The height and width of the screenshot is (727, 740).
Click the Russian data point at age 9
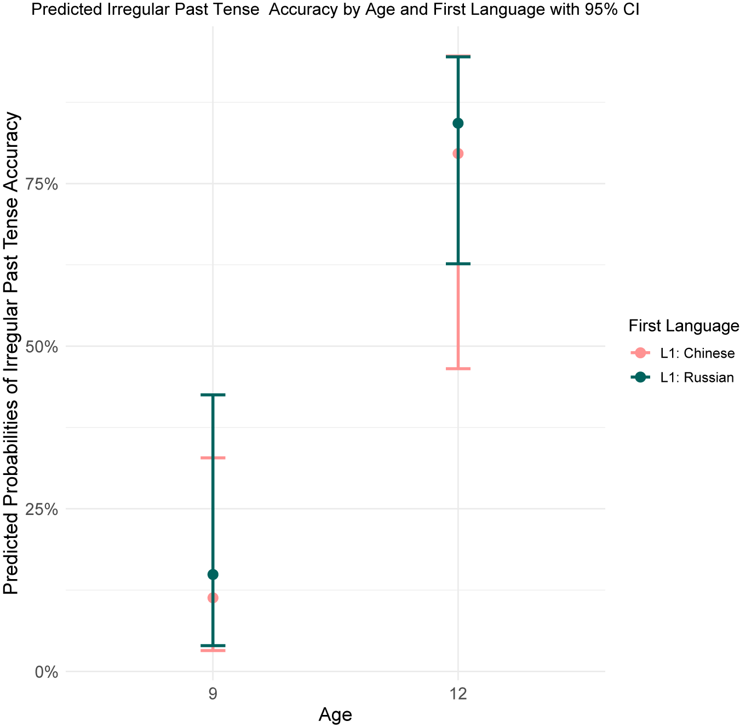coord(213,575)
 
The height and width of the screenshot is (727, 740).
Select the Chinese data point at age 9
coord(213,598)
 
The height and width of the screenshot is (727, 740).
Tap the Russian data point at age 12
coord(458,123)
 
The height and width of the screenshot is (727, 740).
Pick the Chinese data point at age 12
coord(458,154)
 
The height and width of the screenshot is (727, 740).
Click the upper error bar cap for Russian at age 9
coord(213,394)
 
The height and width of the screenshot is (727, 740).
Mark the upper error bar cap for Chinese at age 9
coord(213,457)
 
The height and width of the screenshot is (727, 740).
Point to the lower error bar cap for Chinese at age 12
coord(458,369)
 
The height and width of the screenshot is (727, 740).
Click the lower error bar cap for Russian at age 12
coord(458,264)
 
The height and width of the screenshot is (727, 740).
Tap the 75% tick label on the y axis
coord(42,185)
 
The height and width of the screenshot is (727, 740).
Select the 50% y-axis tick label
coord(42,347)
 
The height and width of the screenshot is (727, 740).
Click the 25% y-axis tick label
coord(42,510)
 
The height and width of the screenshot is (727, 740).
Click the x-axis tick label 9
coord(213,694)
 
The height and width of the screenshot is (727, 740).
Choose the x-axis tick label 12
coord(458,694)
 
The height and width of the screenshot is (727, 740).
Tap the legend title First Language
coord(684,326)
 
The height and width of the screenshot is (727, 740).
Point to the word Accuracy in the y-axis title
coord(10,152)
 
